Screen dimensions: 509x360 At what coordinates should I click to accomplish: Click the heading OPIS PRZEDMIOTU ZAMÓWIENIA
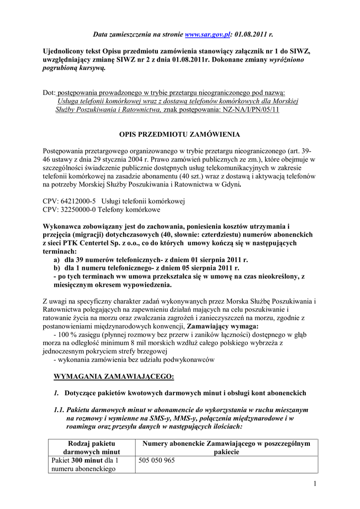(x=180, y=134)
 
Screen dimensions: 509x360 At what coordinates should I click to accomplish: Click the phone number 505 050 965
(x=157, y=460)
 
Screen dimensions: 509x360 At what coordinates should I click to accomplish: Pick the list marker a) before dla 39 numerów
(x=57, y=259)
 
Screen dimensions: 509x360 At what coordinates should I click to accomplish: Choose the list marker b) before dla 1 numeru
(x=57, y=268)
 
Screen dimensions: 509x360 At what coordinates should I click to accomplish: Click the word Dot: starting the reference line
(x=50, y=92)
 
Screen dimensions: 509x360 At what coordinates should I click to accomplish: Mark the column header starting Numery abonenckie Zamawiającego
(x=226, y=447)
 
